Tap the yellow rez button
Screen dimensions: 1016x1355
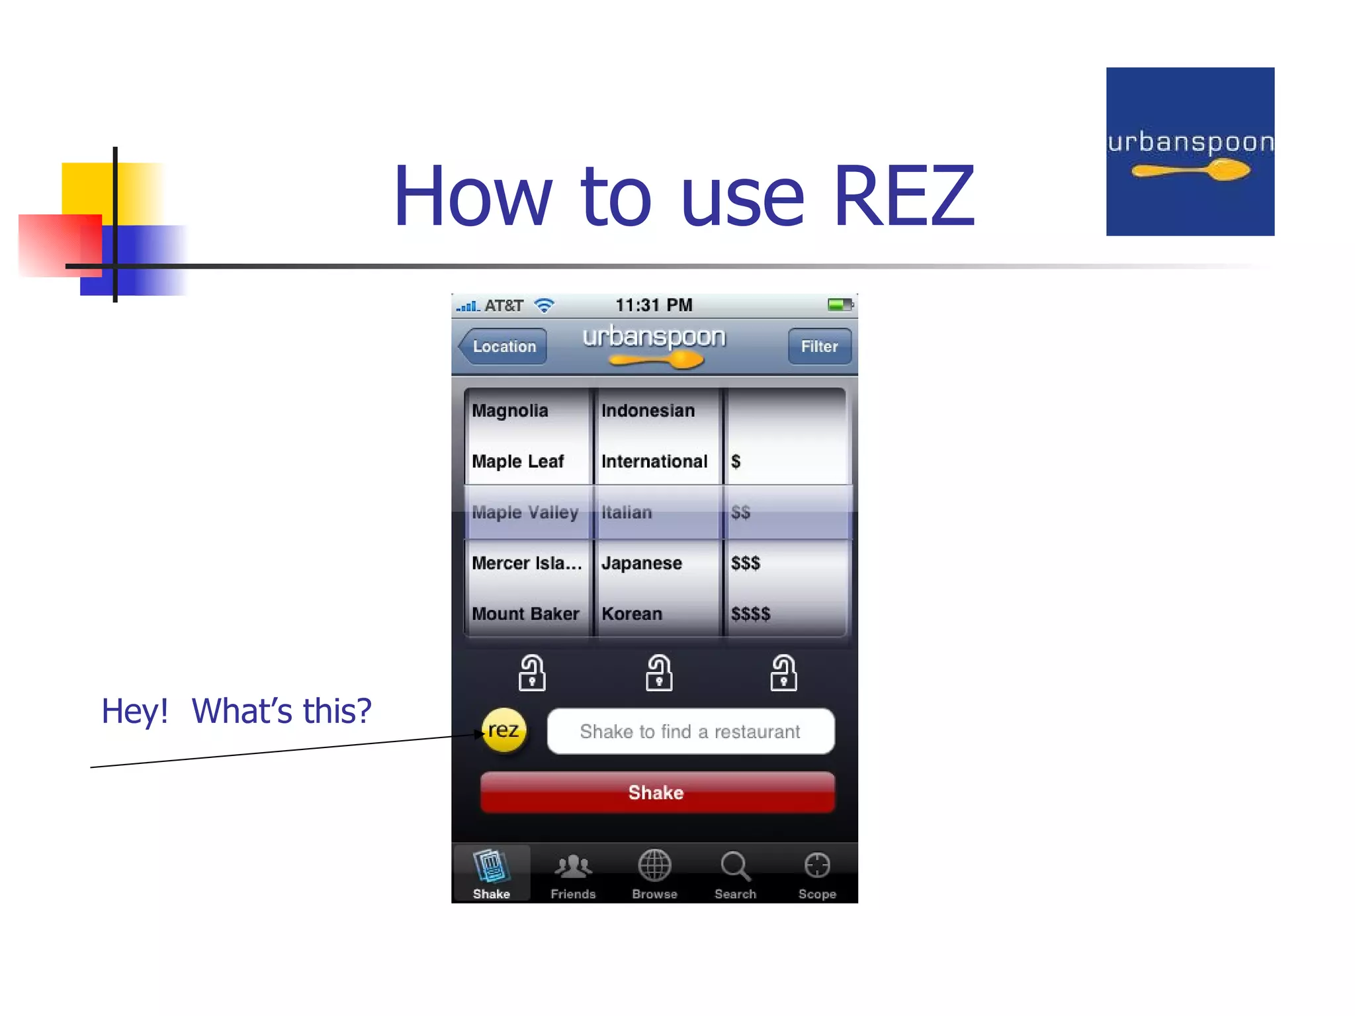[x=504, y=730]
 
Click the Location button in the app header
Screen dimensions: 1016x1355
[x=503, y=346]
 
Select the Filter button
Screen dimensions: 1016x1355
[x=819, y=346]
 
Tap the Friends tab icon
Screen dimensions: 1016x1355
[x=573, y=865]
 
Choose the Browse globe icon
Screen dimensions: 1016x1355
[x=654, y=865]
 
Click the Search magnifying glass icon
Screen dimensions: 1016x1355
[x=735, y=865]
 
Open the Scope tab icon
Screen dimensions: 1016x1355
[x=817, y=865]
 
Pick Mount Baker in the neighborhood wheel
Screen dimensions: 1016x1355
[x=525, y=614]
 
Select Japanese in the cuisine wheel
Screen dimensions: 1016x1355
[x=641, y=563]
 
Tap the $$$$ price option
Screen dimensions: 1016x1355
[x=750, y=614]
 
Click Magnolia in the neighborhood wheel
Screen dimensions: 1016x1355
[x=509, y=411]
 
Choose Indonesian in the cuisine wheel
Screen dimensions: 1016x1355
[x=648, y=411]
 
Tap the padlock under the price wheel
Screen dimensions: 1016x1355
[x=783, y=673]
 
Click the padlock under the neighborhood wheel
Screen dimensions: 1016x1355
[x=532, y=673]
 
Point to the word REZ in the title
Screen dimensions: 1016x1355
[x=904, y=196]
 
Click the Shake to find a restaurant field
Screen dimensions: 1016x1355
[x=690, y=731]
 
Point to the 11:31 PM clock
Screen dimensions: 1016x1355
[x=654, y=305]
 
